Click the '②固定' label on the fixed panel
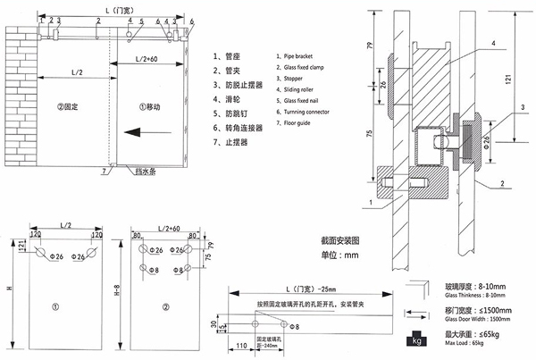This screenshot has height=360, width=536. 68,105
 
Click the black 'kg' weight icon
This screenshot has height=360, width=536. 417,339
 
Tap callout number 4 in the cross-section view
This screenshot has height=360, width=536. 491,43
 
